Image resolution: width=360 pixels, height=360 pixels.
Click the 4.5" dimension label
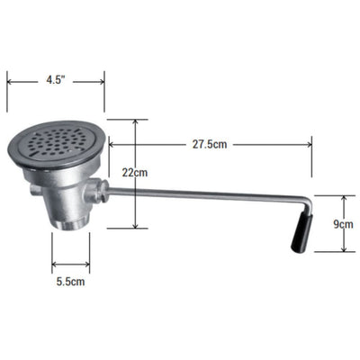56,79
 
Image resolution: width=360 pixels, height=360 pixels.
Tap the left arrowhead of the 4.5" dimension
10,80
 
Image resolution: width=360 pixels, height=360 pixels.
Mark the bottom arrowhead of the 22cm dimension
135,229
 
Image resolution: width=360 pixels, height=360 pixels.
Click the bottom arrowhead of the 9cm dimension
343,256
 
